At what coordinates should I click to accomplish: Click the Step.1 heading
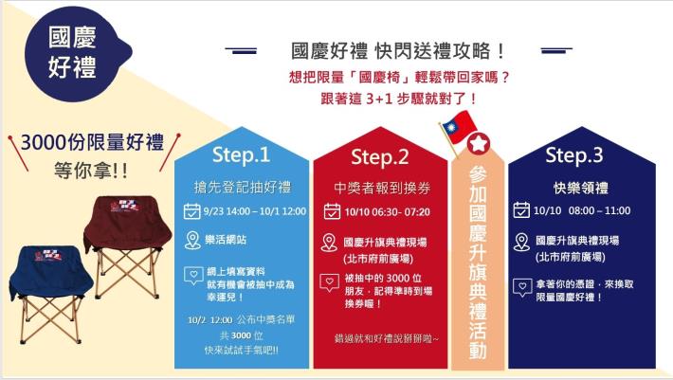241,154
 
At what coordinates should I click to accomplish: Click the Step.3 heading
573,154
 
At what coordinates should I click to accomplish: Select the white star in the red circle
480,144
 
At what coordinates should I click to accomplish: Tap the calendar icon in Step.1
191,210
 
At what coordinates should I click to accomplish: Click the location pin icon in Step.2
329,243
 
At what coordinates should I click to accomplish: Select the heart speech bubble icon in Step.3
521,285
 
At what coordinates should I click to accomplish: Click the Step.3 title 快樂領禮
577,186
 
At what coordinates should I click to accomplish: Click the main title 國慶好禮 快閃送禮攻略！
397,51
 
